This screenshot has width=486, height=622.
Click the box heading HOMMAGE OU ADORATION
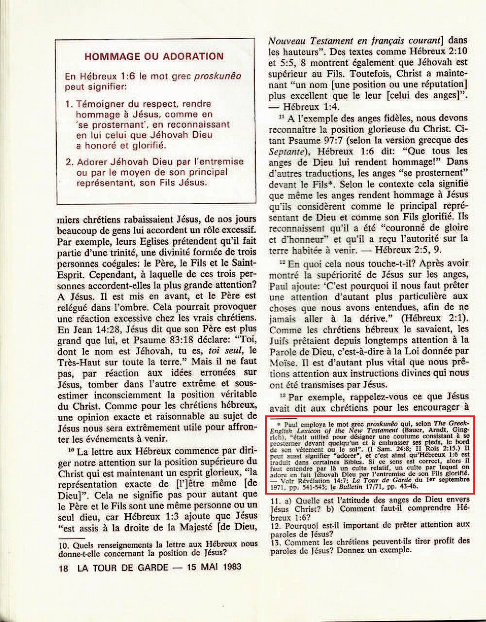click(x=154, y=56)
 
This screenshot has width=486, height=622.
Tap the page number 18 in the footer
click(x=64, y=568)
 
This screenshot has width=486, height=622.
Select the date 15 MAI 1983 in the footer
click(x=214, y=567)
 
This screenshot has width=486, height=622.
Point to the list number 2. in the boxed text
click(x=69, y=162)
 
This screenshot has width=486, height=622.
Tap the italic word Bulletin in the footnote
click(x=351, y=487)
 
